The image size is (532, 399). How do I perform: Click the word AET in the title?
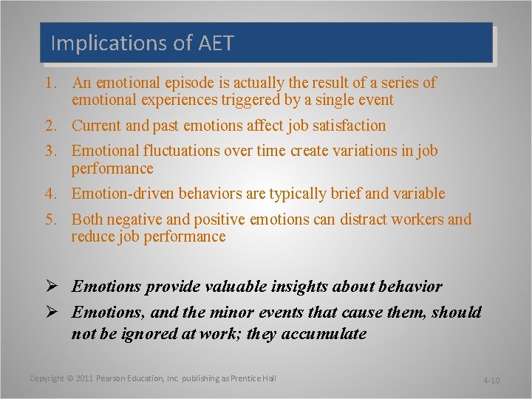[x=216, y=44]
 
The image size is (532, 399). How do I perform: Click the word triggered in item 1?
[x=245, y=100]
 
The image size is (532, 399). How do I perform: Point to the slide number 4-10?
[x=491, y=381]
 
